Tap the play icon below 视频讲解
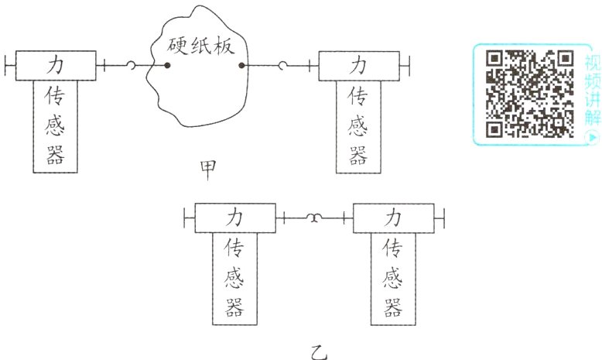pyautogui.click(x=593, y=136)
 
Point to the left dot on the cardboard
pyautogui.click(x=167, y=66)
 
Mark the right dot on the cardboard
pyautogui.click(x=242, y=66)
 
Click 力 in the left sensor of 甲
pyautogui.click(x=56, y=63)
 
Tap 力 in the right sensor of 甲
pyautogui.click(x=359, y=63)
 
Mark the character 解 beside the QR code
pyautogui.click(x=593, y=116)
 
